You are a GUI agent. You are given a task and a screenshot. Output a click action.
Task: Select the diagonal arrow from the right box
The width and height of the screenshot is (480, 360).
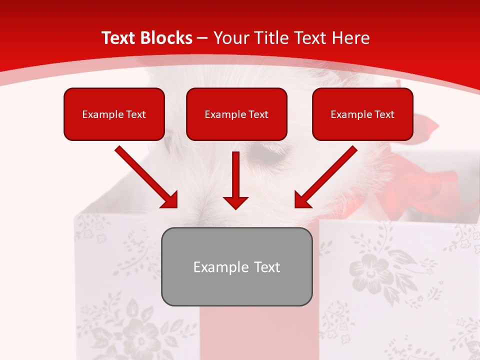coord(325,177)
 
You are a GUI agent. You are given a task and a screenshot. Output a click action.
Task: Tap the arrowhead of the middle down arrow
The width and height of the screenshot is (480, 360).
coord(235,202)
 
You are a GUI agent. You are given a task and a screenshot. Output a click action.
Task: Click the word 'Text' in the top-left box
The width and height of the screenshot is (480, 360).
coord(136,114)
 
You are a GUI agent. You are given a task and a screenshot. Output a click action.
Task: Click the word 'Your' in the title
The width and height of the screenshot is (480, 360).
coord(231,38)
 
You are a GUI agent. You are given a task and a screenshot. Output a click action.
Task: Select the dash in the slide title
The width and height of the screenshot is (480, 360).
coord(202,38)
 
